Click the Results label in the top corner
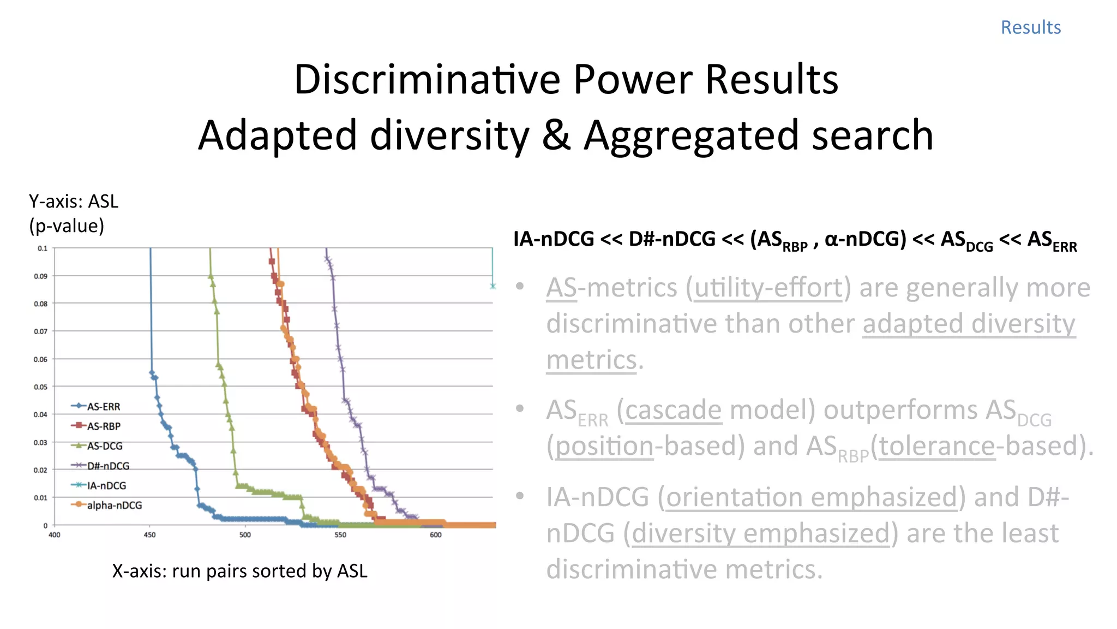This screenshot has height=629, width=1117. (x=1030, y=27)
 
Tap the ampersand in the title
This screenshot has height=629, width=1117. (x=556, y=135)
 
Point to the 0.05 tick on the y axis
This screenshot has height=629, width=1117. (x=41, y=387)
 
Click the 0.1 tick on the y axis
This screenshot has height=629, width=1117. (x=43, y=248)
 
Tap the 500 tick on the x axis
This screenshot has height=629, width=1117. (x=245, y=535)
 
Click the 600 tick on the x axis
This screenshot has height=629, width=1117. (x=435, y=535)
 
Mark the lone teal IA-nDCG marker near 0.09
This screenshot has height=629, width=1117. (x=493, y=286)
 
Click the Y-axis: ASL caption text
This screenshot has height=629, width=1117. (x=74, y=202)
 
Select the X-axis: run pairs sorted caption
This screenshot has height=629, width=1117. (x=239, y=571)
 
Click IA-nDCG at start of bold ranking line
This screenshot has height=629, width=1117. (x=553, y=239)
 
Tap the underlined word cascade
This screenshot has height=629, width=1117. (x=673, y=410)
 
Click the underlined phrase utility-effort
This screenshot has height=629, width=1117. (x=768, y=288)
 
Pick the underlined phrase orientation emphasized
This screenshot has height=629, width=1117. (x=811, y=497)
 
